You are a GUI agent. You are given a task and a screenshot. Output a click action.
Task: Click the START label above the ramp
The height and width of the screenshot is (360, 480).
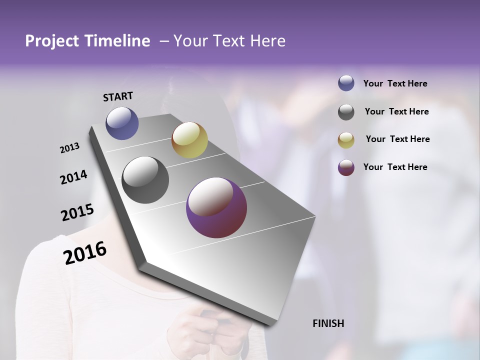tap(118, 96)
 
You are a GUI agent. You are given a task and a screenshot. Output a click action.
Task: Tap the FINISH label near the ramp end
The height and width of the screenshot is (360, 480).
tap(328, 323)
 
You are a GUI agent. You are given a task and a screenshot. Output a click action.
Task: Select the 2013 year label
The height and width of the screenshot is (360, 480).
tap(69, 148)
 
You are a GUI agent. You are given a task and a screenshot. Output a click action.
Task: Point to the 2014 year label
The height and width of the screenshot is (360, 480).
tap(73, 177)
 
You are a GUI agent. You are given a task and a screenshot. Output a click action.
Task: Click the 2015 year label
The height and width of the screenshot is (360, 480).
tap(77, 212)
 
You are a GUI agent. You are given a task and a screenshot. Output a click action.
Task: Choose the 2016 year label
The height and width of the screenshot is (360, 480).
tap(85, 253)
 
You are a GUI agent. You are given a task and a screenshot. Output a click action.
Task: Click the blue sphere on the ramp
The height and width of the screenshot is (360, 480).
tap(122, 123)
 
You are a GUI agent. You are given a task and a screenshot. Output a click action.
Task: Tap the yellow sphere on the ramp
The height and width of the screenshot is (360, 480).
tap(189, 140)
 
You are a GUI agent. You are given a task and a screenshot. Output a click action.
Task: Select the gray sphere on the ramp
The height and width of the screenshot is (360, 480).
tap(145, 180)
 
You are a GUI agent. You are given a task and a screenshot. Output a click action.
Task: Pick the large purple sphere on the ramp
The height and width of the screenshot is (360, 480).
tap(216, 207)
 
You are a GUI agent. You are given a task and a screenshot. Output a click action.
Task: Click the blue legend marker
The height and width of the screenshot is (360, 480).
tap(346, 83)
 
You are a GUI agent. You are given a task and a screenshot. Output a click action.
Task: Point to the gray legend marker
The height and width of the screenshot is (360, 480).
tap(346, 112)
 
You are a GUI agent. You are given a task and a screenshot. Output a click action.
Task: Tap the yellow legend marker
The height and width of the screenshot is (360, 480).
tap(346, 140)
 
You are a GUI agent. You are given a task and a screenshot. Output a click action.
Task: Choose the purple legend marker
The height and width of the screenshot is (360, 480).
tap(346, 167)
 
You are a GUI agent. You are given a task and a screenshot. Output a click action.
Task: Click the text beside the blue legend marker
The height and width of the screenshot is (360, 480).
tap(395, 83)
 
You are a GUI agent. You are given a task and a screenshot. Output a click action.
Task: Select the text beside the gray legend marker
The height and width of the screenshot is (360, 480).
tap(397, 111)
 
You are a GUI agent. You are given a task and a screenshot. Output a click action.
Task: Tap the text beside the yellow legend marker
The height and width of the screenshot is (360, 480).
tap(397, 139)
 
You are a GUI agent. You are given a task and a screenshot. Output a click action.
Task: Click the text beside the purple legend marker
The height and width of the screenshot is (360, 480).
tap(395, 167)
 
